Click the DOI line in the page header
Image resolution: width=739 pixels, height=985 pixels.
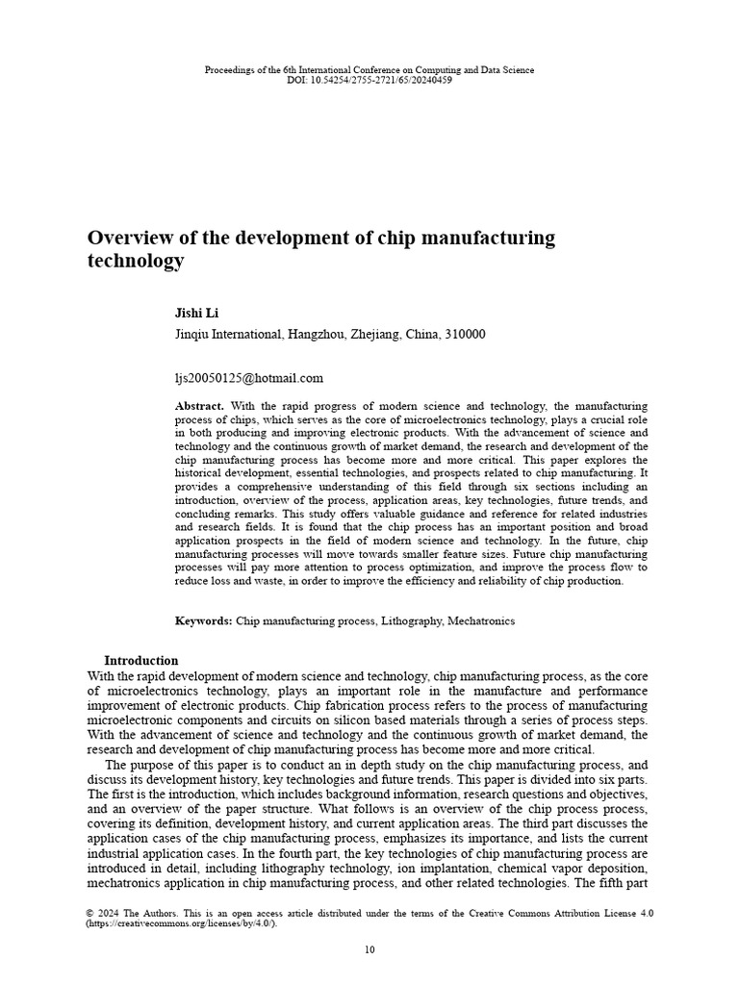[x=369, y=80]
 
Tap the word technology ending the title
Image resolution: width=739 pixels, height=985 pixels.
[x=136, y=261]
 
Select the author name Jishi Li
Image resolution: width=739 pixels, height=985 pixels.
[x=196, y=314]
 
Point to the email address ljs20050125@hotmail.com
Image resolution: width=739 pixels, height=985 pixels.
[x=249, y=378]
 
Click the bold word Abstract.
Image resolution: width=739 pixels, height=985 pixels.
[x=199, y=407]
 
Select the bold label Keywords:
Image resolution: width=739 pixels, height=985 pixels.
[x=203, y=621]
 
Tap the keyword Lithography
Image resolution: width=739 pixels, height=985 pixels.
[x=411, y=621]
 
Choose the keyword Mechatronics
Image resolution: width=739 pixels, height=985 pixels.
[x=481, y=621]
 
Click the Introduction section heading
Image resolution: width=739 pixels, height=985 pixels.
[x=140, y=661]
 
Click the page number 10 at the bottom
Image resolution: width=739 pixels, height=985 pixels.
[x=369, y=950]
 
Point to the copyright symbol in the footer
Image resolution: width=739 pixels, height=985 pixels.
[x=90, y=913]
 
